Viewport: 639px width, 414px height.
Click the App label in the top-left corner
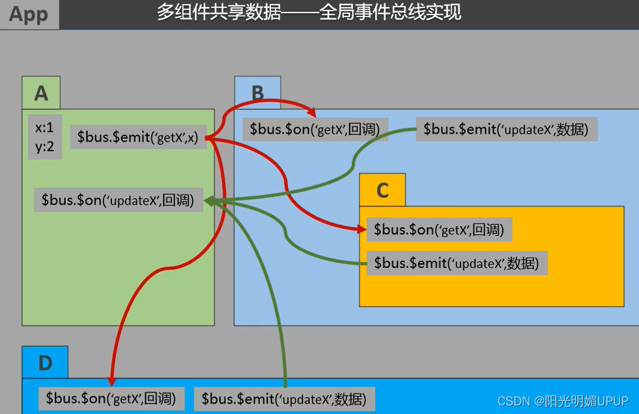click(x=29, y=14)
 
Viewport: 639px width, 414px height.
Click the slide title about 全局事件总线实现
click(x=309, y=12)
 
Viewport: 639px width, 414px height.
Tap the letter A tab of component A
click(x=41, y=93)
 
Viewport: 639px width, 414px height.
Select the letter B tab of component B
click(x=258, y=92)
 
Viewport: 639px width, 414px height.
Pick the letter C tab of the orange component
click(x=382, y=190)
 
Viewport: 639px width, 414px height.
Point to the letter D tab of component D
click(x=45, y=363)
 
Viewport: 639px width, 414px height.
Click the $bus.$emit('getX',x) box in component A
click(x=138, y=138)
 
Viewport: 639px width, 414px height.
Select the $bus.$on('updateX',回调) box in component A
click(x=118, y=200)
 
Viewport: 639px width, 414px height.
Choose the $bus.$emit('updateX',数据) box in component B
click(x=506, y=129)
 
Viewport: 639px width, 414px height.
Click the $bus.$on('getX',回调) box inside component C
click(x=439, y=229)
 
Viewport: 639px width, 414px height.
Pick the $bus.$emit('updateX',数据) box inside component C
click(x=456, y=263)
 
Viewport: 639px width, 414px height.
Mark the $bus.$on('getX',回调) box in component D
click(x=111, y=398)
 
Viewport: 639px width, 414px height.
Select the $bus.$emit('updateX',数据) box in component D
click(x=283, y=398)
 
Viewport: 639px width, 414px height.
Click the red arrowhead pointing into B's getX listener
click(x=312, y=111)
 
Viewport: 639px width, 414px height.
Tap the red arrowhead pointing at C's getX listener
click(x=361, y=229)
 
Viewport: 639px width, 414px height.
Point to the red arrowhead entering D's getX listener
click(x=111, y=381)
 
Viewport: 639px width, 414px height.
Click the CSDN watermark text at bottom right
click(x=562, y=401)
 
